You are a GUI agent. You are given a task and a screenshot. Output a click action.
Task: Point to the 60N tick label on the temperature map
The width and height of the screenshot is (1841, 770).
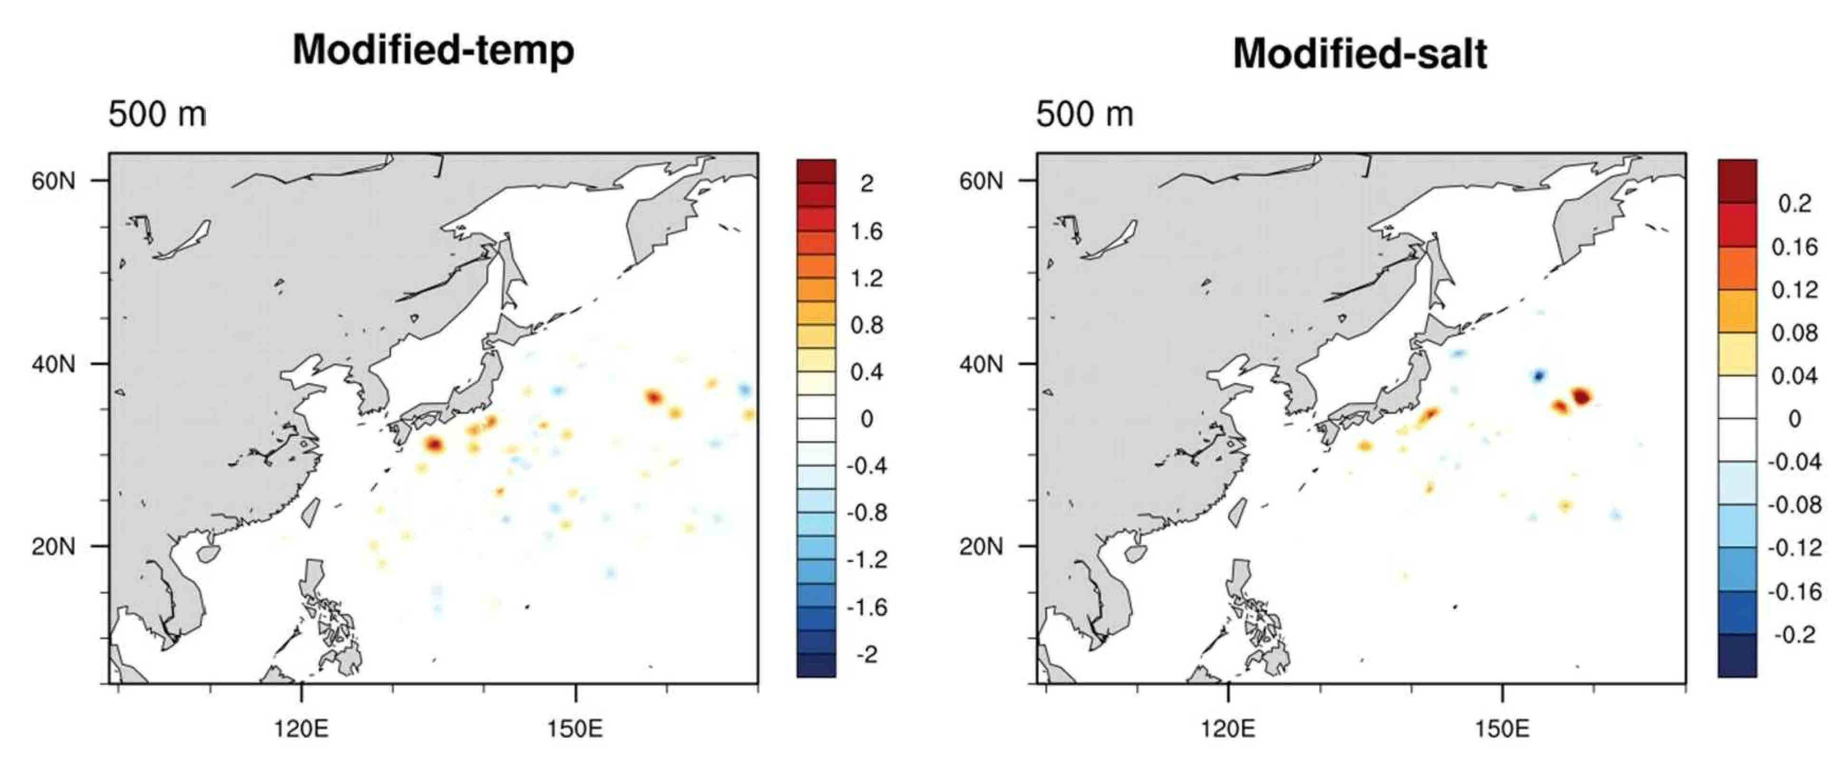pyautogui.click(x=53, y=181)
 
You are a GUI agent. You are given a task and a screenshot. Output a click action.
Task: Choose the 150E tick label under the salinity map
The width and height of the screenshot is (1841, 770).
pyautogui.click(x=1502, y=729)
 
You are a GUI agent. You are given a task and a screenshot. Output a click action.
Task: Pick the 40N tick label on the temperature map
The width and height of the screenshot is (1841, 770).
pyautogui.click(x=53, y=364)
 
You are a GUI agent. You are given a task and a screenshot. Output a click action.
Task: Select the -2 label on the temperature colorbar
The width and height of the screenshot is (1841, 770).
pyautogui.click(x=867, y=654)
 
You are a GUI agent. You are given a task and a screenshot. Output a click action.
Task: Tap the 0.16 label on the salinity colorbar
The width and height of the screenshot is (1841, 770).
pyautogui.click(x=1794, y=247)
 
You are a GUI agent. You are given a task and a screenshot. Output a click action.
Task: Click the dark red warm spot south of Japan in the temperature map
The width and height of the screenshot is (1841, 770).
pyautogui.click(x=434, y=445)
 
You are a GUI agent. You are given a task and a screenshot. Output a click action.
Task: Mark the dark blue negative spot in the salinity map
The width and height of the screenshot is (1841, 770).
pyautogui.click(x=1538, y=375)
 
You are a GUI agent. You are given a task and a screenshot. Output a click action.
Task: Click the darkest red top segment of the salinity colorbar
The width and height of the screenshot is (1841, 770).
pyautogui.click(x=1737, y=181)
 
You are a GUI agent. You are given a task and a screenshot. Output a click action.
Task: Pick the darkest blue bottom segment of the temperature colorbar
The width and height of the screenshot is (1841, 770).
pyautogui.click(x=816, y=665)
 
